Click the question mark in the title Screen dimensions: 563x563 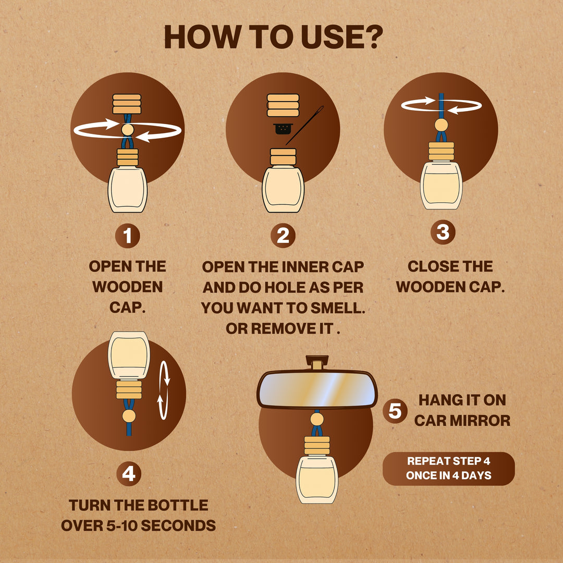coord(370,37)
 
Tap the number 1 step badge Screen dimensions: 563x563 coord(128,236)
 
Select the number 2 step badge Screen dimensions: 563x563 coord(283,236)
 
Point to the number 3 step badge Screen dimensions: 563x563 coord(443,232)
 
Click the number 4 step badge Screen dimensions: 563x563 coord(129,473)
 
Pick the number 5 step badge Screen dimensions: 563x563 coord(395,411)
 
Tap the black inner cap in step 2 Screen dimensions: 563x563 coord(283,129)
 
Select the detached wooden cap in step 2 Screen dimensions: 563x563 coord(283,105)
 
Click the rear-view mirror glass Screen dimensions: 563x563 coord(317,389)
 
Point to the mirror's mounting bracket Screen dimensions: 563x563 coord(317,362)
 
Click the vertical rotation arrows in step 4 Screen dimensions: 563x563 coord(164,390)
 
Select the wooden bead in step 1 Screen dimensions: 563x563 coord(128,130)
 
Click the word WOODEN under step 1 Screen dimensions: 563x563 coord(128,287)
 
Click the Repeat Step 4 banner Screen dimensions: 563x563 coord(448,469)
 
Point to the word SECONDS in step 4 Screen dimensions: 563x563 coord(178,525)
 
